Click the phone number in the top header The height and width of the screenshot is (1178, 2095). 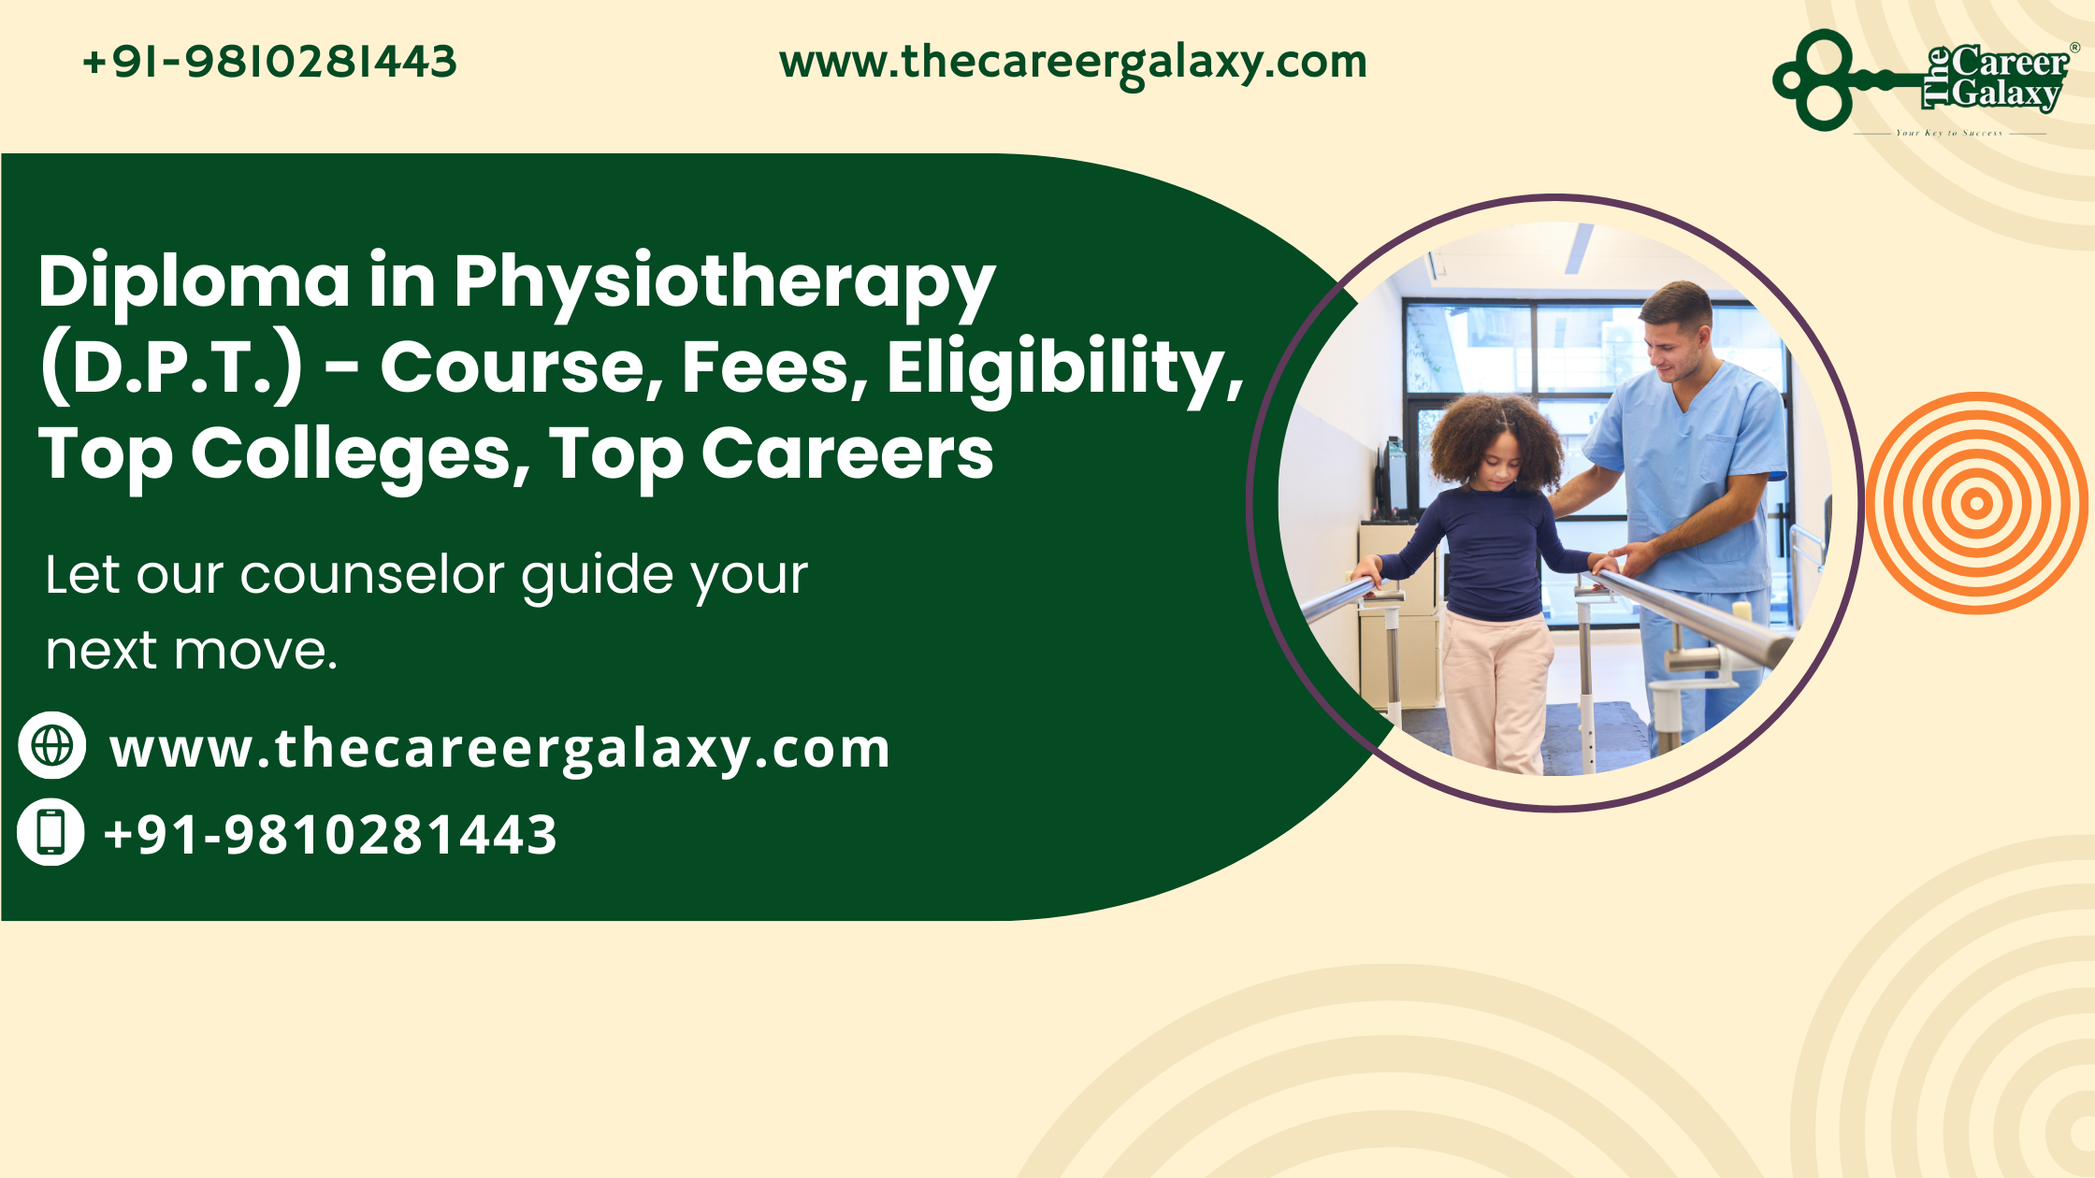coord(269,63)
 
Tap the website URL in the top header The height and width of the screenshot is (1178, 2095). coord(1073,63)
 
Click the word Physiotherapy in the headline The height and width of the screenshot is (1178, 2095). coord(724,281)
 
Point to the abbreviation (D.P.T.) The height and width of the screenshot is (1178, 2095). coord(171,367)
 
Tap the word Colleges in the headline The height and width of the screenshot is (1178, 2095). coord(361,454)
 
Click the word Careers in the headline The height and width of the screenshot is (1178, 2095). coord(846,454)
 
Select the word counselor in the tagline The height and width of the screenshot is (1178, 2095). coord(372,574)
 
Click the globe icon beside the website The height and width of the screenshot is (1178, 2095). coord(52,745)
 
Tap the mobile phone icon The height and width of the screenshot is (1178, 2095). coord(51,831)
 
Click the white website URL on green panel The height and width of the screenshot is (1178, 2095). coord(499,749)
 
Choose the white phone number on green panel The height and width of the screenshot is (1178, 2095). coord(330,835)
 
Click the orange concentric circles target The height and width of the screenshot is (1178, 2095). coord(1976,503)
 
